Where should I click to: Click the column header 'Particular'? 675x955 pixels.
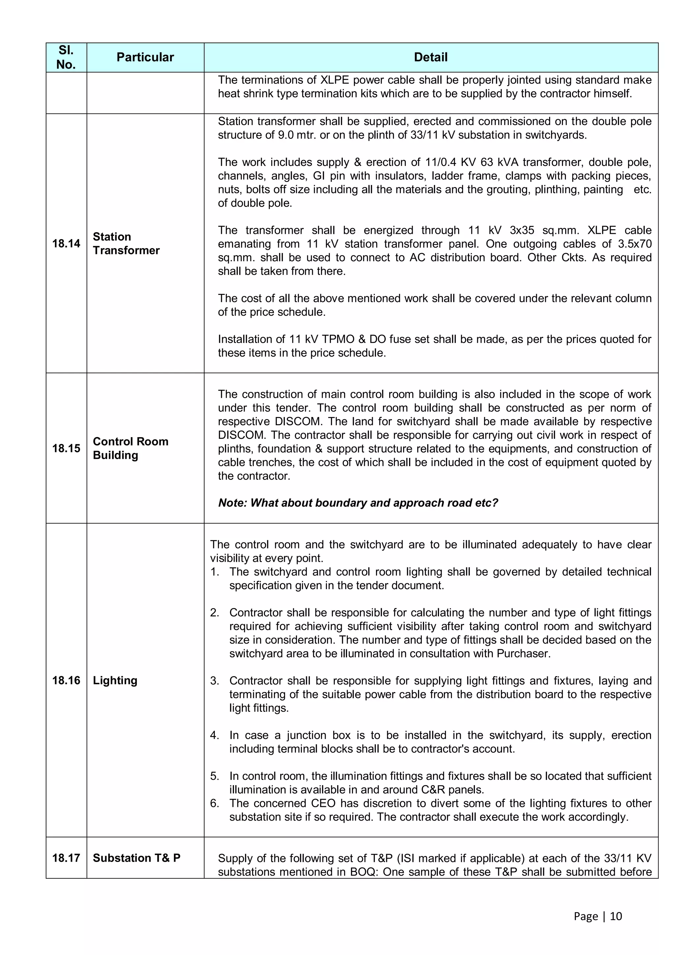tap(145, 57)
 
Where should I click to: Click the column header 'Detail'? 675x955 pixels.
tap(430, 57)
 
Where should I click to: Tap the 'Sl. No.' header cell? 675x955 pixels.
tap(66, 57)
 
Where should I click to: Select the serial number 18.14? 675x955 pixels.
tap(66, 243)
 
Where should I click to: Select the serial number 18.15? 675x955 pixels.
tap(66, 448)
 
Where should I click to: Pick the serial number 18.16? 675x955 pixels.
tap(66, 680)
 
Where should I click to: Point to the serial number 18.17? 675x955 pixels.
tap(66, 858)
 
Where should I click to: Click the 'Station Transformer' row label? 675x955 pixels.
tap(126, 243)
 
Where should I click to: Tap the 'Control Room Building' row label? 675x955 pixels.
tap(130, 448)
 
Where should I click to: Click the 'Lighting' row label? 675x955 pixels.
tap(115, 680)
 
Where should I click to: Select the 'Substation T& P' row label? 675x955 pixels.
tap(136, 858)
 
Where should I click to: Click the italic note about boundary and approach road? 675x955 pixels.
tap(358, 503)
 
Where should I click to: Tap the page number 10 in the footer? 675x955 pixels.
tap(616, 916)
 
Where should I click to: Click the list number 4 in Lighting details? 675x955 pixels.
tap(214, 735)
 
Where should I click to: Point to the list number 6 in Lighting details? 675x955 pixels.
tap(214, 803)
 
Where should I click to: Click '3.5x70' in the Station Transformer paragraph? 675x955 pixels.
tap(635, 244)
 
